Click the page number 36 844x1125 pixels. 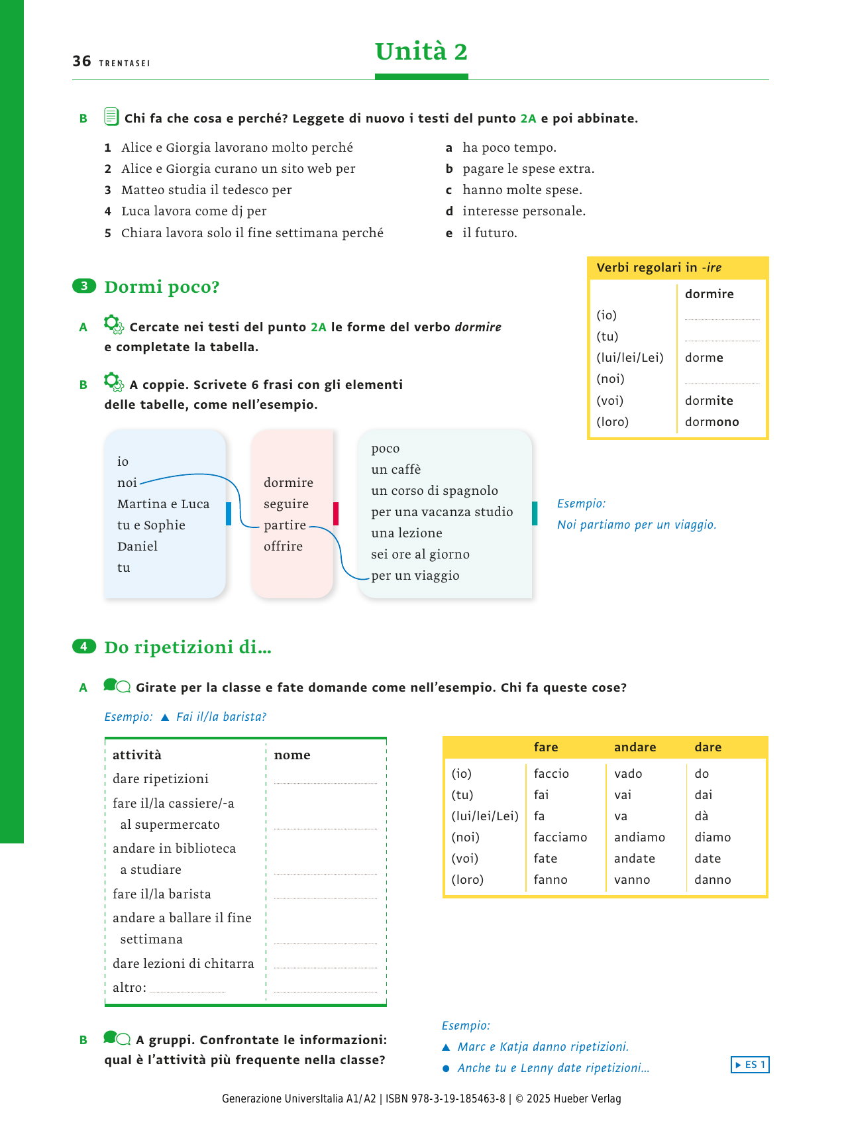point(81,62)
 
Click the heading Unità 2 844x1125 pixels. point(421,52)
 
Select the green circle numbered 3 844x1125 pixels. point(84,286)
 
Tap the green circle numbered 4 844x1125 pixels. point(84,646)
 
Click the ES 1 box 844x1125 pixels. point(750,1065)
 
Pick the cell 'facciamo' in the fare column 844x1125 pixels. point(560,837)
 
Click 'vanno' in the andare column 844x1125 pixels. point(632,880)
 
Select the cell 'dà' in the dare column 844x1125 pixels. point(702,816)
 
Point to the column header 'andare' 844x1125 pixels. point(635,747)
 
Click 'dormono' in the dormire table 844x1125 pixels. point(712,422)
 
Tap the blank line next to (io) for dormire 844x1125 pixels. point(721,315)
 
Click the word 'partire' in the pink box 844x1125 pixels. point(285,525)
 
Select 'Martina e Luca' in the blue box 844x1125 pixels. point(163,504)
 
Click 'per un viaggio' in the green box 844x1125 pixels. point(415,576)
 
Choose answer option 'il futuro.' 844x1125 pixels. point(490,233)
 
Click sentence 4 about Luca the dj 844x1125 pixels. point(193,211)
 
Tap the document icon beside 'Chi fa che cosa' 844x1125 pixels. point(111,117)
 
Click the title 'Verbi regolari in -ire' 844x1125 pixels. point(659,268)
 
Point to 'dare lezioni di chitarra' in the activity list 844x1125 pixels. point(183,964)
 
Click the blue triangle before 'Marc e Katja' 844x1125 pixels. point(446,1047)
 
